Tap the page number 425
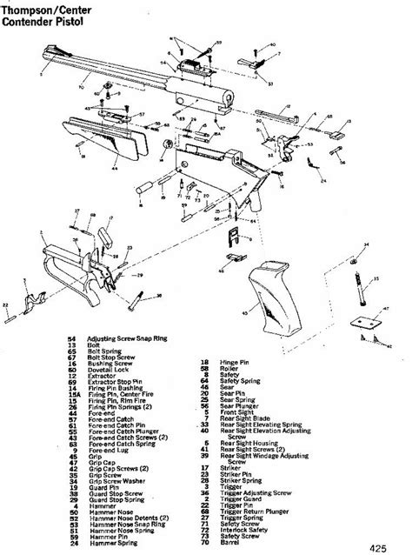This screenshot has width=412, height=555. point(388,545)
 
